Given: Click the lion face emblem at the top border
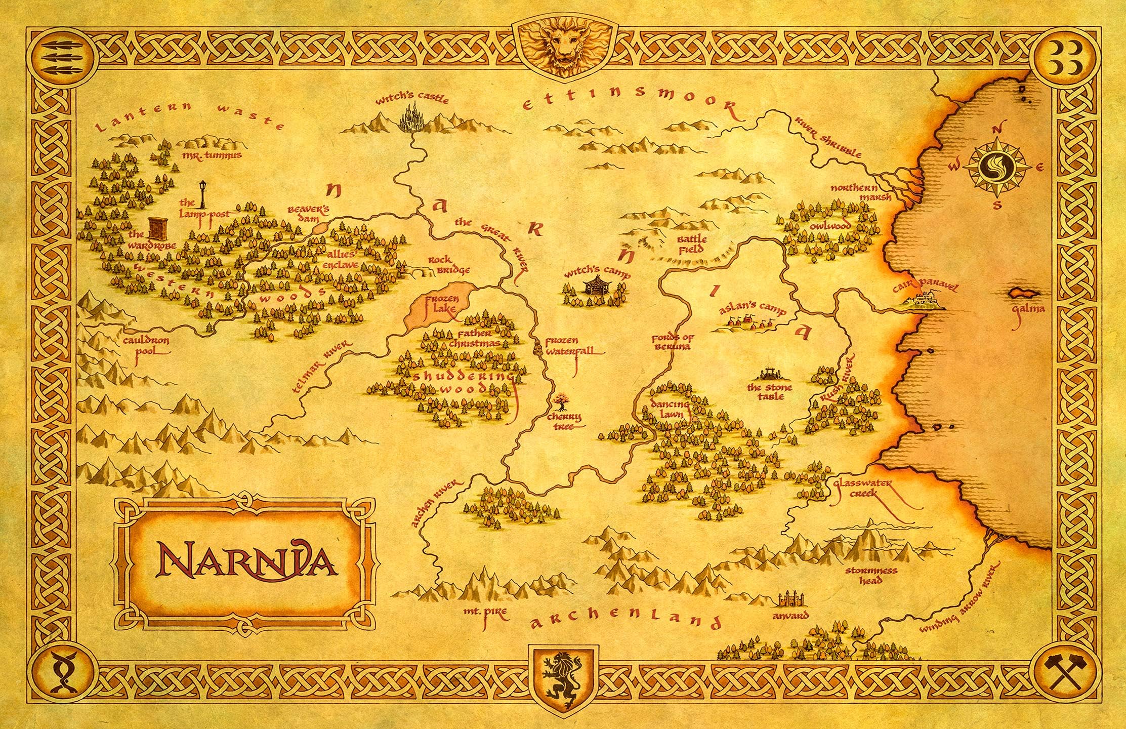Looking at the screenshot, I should point(563,46).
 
